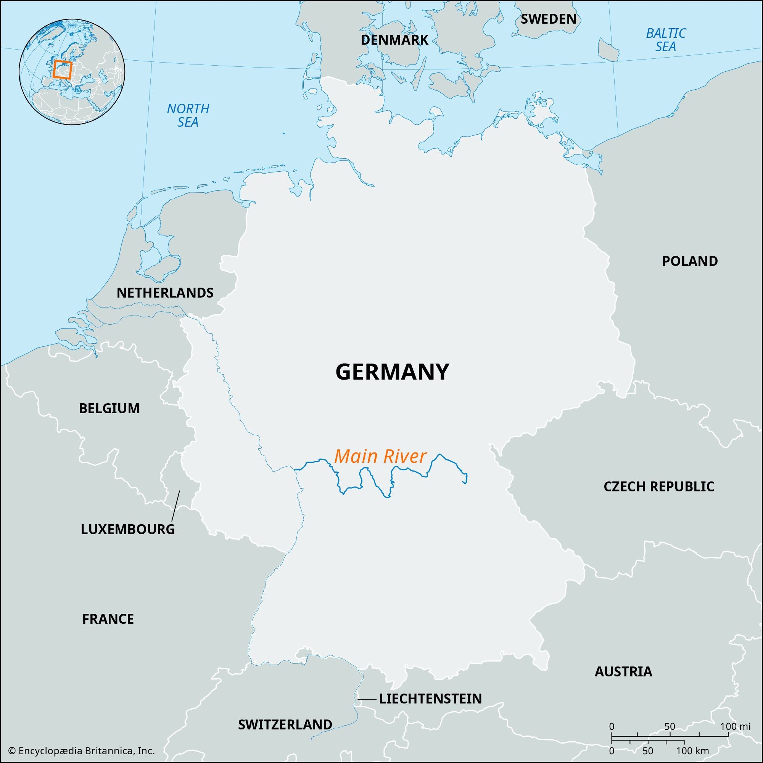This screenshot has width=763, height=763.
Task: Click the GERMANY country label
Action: (392, 372)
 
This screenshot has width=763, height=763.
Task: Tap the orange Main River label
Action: (380, 457)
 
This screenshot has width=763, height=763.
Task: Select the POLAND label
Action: (689, 261)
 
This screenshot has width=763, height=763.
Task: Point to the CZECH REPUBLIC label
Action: (659, 486)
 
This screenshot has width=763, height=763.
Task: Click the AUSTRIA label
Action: (623, 671)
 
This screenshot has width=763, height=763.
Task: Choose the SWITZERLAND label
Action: (285, 724)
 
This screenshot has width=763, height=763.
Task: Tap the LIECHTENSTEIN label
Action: (430, 699)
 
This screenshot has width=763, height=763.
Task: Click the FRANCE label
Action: (108, 619)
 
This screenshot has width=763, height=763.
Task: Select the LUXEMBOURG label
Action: (127, 529)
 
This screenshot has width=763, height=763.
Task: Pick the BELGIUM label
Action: (109, 408)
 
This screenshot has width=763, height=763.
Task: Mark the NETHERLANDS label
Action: (165, 293)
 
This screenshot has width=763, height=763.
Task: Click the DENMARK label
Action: (394, 40)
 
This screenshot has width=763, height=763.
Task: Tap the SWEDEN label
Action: (548, 19)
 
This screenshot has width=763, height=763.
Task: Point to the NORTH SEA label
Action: (188, 115)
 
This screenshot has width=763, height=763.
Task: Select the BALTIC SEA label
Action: (666, 40)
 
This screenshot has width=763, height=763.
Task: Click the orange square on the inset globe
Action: (63, 69)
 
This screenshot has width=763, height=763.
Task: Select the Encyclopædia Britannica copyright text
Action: (81, 751)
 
